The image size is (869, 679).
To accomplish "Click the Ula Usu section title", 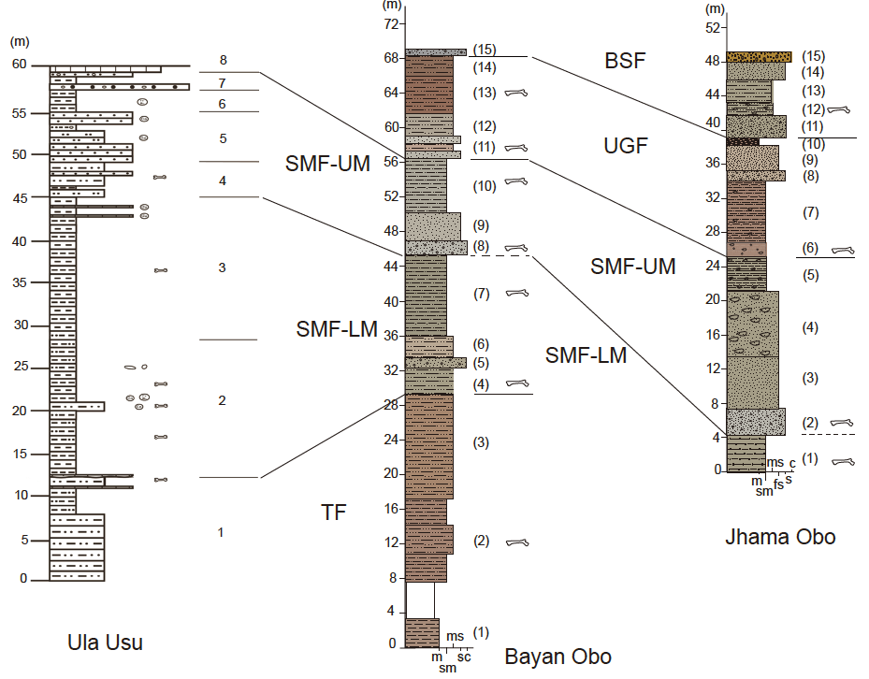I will [105, 643].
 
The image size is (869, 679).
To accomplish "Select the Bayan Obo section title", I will [558, 657].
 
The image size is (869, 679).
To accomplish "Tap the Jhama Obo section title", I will [780, 537].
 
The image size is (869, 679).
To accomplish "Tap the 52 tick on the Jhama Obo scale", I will [713, 27].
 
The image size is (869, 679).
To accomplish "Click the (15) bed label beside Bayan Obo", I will [484, 49].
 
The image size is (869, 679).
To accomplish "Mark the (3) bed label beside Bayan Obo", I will [482, 442].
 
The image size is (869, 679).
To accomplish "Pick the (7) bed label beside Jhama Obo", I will [810, 213].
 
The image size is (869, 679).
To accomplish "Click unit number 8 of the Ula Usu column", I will [223, 60].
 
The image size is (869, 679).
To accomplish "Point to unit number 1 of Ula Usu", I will [221, 532].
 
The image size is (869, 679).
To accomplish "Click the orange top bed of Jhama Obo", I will [760, 56].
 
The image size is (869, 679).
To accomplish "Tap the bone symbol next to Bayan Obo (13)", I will [516, 93].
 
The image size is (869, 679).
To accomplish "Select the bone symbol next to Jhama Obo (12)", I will [838, 109].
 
